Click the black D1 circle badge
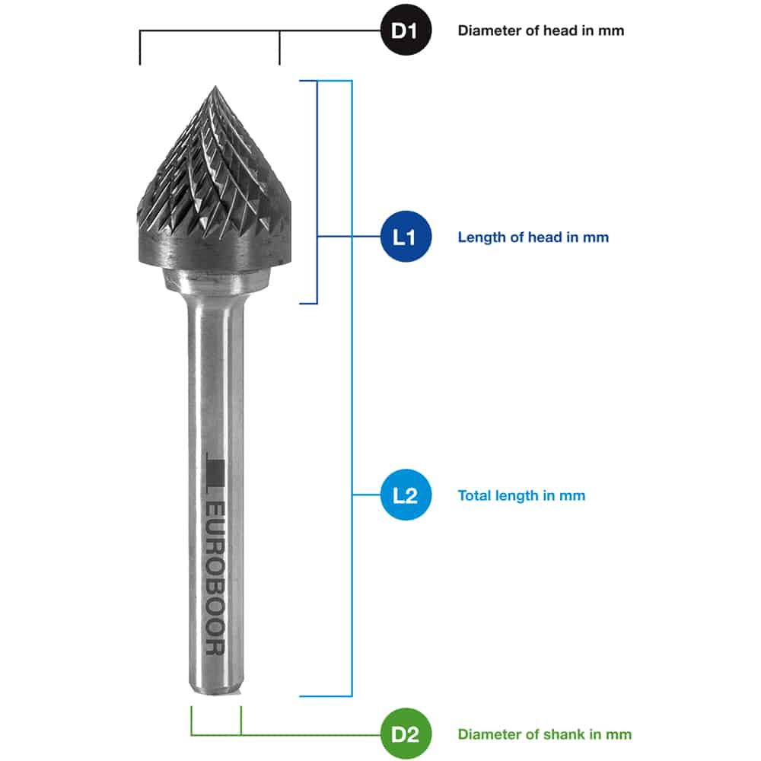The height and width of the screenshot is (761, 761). (406, 30)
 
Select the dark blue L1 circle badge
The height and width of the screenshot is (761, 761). (406, 237)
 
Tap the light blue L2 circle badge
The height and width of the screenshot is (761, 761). (406, 495)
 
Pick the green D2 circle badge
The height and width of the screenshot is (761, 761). (406, 734)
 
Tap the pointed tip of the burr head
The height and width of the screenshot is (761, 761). (215, 87)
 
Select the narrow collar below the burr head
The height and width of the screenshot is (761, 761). (215, 279)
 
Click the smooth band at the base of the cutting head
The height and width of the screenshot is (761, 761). (215, 249)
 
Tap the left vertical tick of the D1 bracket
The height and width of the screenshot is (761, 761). (140, 47)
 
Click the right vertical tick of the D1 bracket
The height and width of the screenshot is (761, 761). (279, 47)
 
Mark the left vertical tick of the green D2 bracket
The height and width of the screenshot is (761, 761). (191, 721)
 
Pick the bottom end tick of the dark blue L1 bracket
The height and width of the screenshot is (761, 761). (308, 304)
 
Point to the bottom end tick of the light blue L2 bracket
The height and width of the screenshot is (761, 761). (326, 696)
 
